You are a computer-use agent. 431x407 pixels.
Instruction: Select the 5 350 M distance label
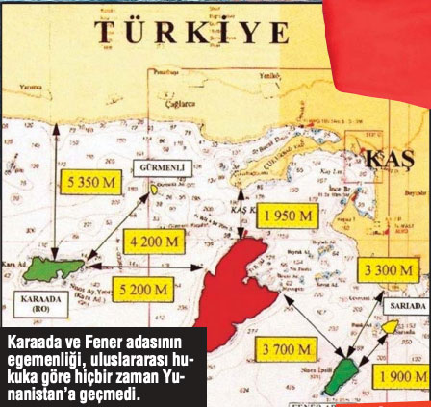(x=92, y=182)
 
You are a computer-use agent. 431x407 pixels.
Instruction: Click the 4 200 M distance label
(x=154, y=241)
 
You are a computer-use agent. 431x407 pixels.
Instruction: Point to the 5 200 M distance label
(x=141, y=289)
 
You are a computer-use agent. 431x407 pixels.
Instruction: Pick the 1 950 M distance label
(x=287, y=216)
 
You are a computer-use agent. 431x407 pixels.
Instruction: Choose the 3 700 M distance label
(x=286, y=349)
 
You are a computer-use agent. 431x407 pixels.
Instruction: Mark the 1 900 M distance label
(x=401, y=376)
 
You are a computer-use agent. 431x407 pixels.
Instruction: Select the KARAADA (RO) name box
(x=41, y=305)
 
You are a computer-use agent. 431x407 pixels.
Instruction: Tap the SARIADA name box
(x=407, y=306)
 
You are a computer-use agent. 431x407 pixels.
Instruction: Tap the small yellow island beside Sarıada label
(x=389, y=327)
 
